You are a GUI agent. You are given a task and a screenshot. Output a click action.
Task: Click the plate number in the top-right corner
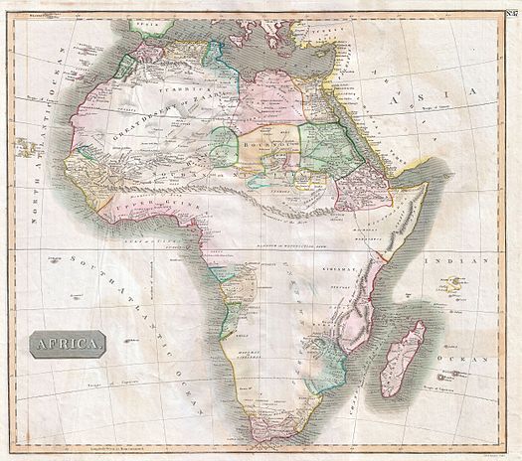511,12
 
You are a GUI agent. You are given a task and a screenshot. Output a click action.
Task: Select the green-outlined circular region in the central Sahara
223,144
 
